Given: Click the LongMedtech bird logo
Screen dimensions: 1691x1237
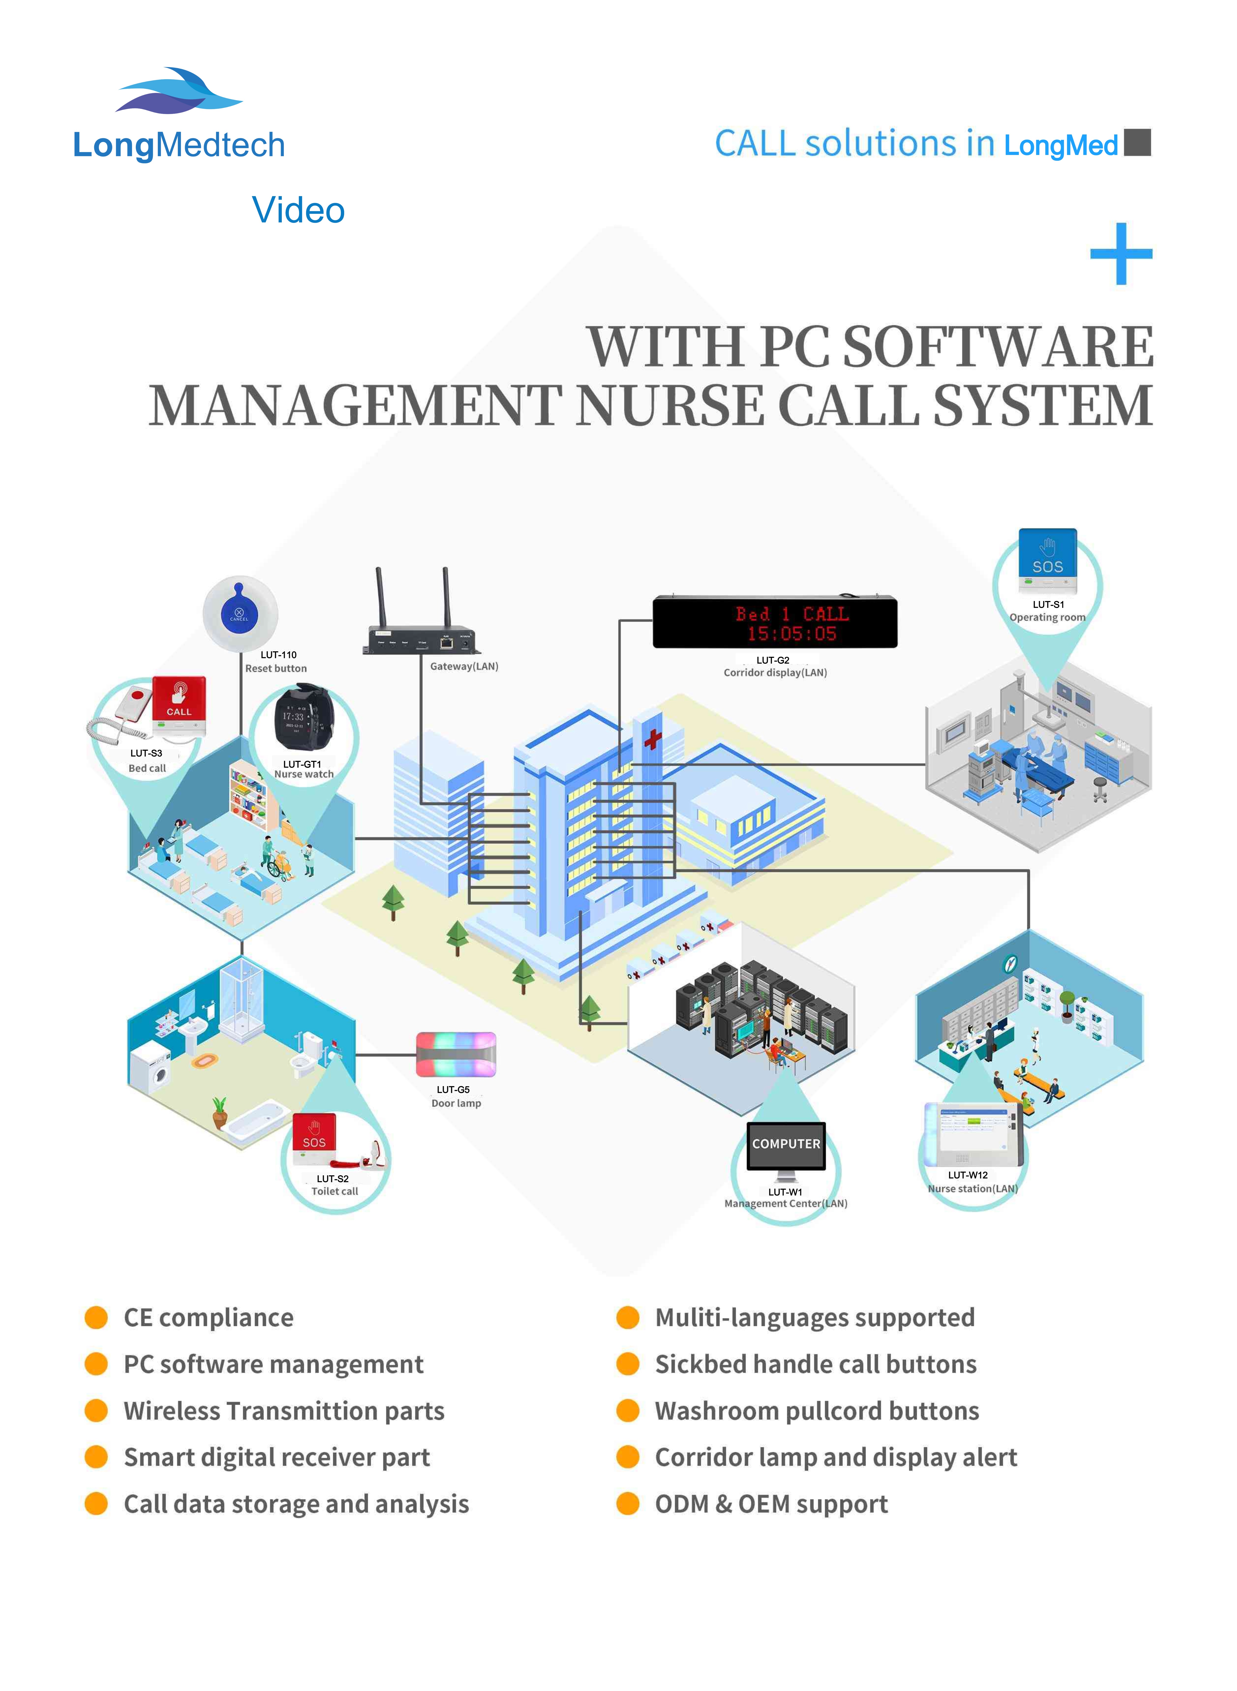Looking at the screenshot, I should pyautogui.click(x=178, y=91).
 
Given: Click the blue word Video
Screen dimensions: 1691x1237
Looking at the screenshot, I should pyautogui.click(x=298, y=210).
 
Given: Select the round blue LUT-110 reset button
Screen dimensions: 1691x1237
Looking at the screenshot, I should pyautogui.click(x=240, y=614).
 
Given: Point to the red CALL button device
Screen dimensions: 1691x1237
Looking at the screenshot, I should pyautogui.click(x=179, y=705).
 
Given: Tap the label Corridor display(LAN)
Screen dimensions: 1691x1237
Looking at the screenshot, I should pyautogui.click(x=775, y=673).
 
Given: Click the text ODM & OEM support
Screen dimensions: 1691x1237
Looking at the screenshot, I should pyautogui.click(x=771, y=1504).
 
